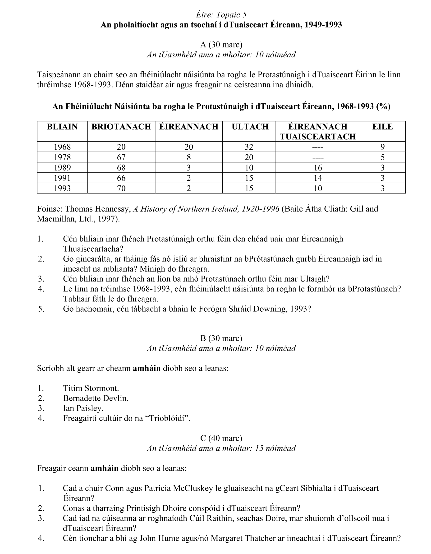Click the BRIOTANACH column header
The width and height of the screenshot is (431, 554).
click(x=121, y=127)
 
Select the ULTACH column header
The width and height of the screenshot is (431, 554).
click(x=250, y=127)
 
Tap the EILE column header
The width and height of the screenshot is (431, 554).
click(x=382, y=127)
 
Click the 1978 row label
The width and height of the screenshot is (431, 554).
click(x=62, y=157)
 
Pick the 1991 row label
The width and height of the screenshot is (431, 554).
click(x=62, y=178)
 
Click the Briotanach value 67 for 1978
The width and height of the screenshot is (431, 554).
click(x=121, y=157)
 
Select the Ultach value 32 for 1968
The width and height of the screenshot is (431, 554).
click(x=249, y=147)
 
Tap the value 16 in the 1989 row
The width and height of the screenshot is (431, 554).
click(x=318, y=168)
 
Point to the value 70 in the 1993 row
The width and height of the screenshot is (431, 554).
click(x=121, y=188)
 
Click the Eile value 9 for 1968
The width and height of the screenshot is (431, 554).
click(x=382, y=147)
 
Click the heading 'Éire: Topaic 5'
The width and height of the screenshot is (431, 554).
click(x=221, y=15)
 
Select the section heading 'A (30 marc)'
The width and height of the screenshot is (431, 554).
click(x=221, y=45)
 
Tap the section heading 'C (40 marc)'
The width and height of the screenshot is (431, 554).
click(x=221, y=438)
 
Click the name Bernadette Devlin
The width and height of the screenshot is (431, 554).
click(x=96, y=398)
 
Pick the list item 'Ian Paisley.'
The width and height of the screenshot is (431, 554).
click(x=83, y=408)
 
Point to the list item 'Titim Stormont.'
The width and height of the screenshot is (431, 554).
click(x=91, y=388)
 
